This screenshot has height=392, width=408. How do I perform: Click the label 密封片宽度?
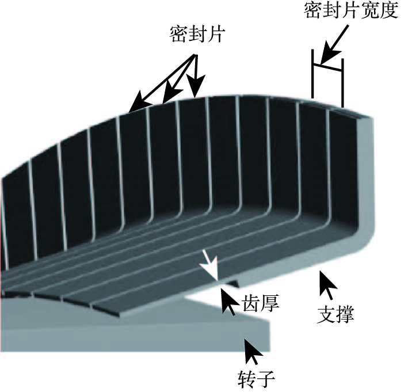pos(351,12)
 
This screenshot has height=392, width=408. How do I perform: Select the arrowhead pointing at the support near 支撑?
pos(327,283)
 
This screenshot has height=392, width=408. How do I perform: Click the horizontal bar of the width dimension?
pos(327,66)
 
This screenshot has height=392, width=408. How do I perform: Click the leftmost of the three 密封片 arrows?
pos(138,103)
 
